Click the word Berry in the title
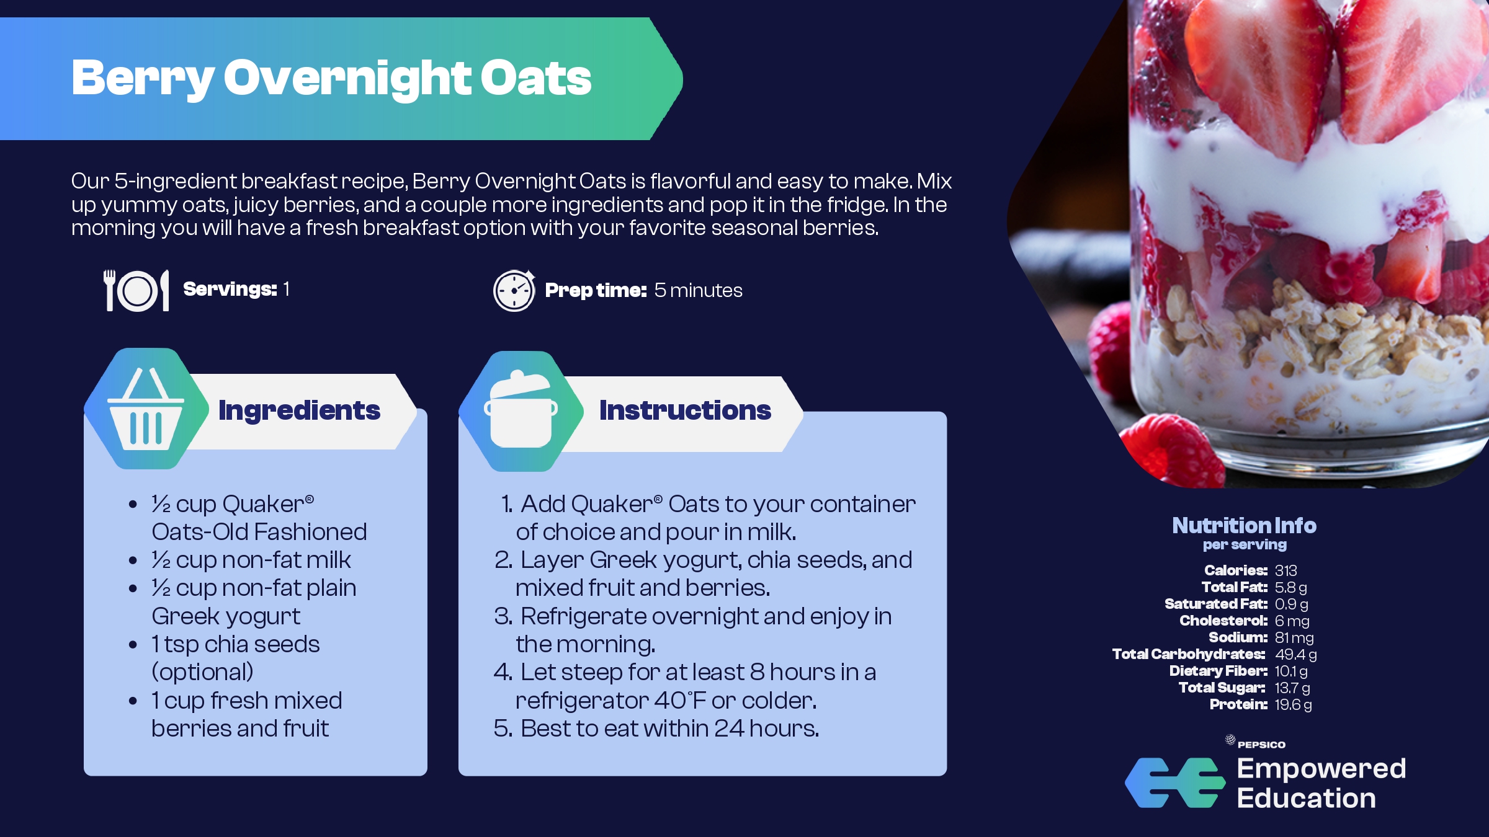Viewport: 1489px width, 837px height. (x=143, y=79)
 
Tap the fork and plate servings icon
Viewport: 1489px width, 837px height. (x=136, y=290)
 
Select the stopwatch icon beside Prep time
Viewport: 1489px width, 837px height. (x=514, y=290)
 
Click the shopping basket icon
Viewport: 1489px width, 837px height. (x=146, y=409)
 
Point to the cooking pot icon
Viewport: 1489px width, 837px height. (x=521, y=410)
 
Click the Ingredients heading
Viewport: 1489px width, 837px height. (x=299, y=411)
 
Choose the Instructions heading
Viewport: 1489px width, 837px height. (x=685, y=410)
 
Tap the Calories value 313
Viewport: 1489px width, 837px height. (x=1286, y=570)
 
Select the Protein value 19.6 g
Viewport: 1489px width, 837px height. (x=1293, y=704)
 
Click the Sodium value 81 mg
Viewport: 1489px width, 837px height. (x=1294, y=637)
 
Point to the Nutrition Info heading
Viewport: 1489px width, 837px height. (x=1244, y=525)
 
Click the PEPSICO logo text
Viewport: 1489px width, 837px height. (x=1261, y=745)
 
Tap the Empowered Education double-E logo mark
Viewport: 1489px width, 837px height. (x=1175, y=782)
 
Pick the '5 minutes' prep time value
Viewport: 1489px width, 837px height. (x=698, y=290)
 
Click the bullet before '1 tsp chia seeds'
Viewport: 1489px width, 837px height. (x=133, y=645)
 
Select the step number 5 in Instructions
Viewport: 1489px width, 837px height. (x=503, y=728)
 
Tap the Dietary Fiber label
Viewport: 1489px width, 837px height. (x=1218, y=671)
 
